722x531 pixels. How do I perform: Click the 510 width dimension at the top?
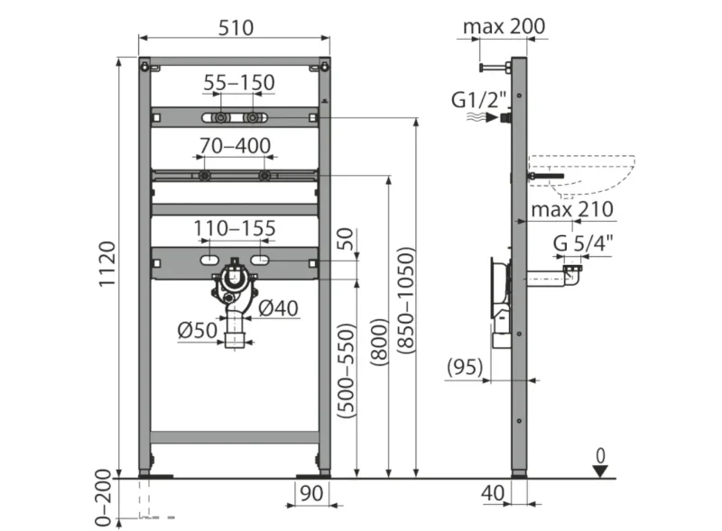pos(236,28)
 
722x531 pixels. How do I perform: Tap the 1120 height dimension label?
pos(107,264)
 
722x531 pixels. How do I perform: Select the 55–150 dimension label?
pos(239,83)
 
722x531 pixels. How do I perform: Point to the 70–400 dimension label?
pos(235,146)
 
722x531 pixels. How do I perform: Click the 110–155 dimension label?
pos(235,228)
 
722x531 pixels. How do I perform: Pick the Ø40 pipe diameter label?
pos(278,307)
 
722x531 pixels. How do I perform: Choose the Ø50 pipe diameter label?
pos(197,330)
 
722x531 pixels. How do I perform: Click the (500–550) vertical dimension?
pos(347,371)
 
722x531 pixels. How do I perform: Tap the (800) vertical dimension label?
pos(380,343)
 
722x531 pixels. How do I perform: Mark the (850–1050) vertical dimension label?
pos(406,300)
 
